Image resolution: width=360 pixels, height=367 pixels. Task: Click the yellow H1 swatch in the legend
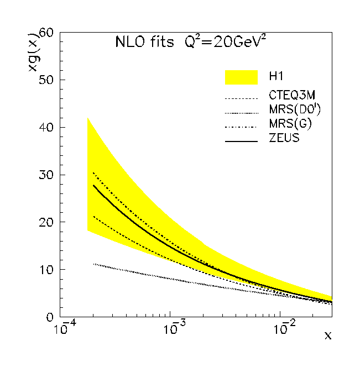[x=241, y=77]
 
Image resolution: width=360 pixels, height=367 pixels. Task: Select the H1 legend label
[x=276, y=76]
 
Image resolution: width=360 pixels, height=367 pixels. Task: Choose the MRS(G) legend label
[x=290, y=124]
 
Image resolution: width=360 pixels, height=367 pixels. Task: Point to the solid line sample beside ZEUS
[x=241, y=141]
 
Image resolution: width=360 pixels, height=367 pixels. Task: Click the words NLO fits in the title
[x=144, y=42]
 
